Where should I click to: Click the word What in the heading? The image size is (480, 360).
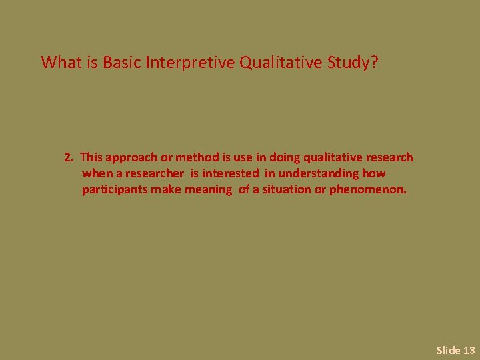pos(60,63)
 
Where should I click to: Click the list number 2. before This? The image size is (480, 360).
pos(69,158)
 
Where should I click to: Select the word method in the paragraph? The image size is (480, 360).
pos(197,158)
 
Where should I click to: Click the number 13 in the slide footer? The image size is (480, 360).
pos(469,350)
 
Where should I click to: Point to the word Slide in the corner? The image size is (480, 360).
pos(448,350)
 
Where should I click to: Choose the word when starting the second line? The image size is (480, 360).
pos(96,174)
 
